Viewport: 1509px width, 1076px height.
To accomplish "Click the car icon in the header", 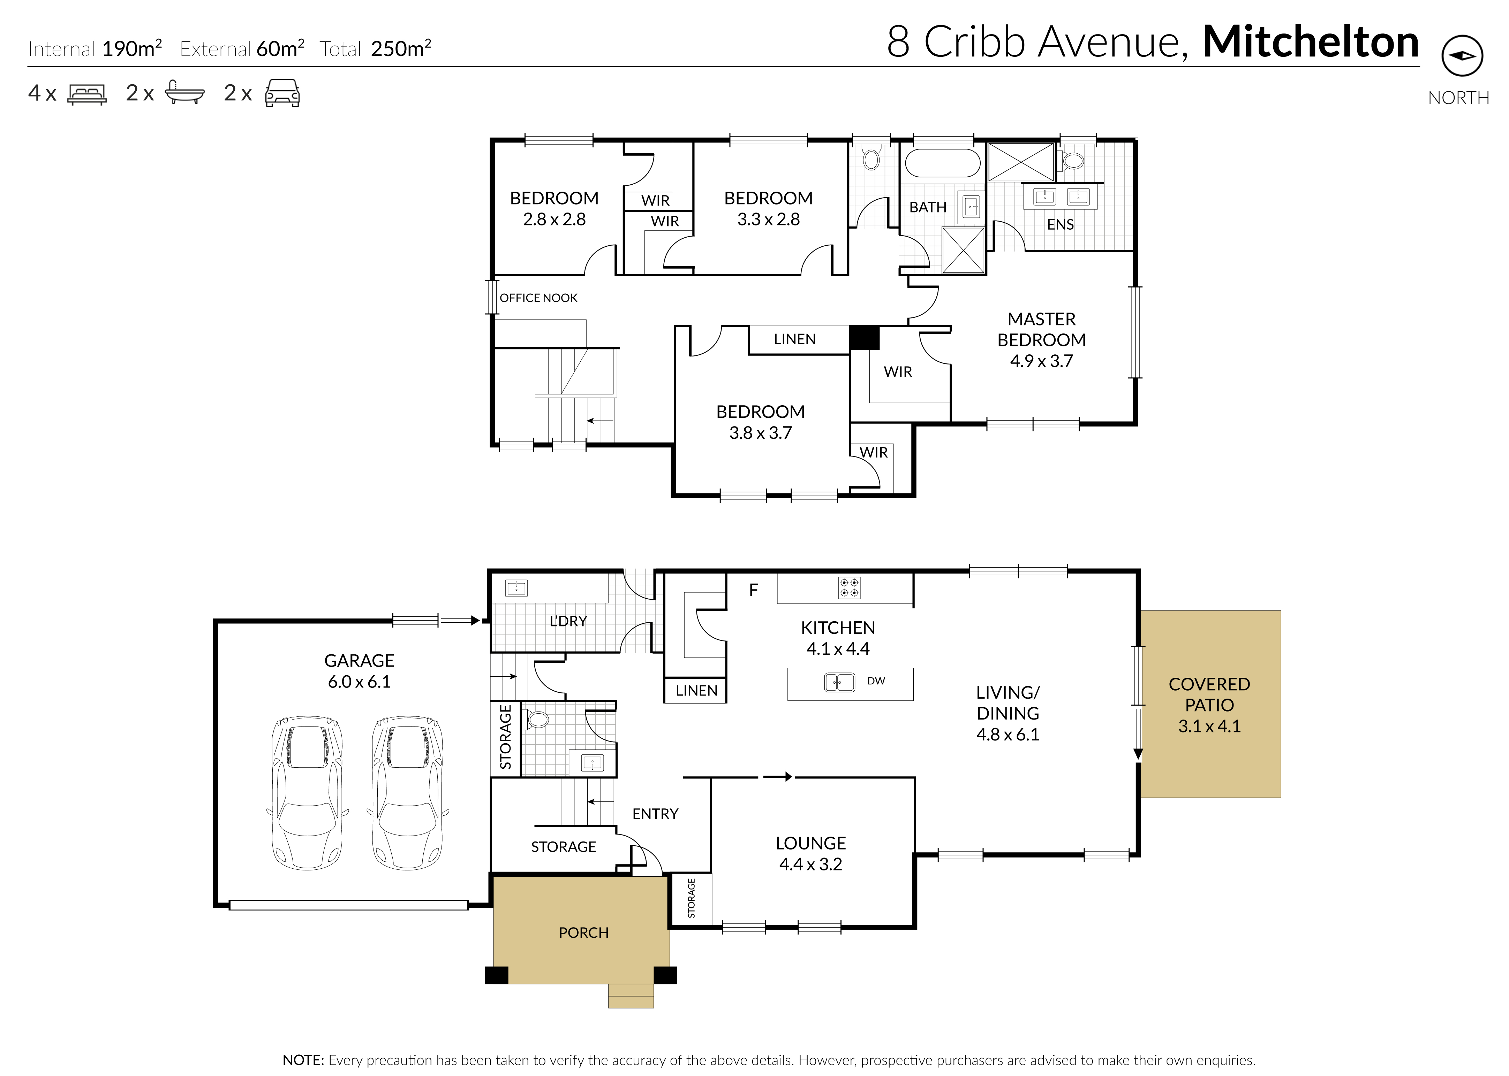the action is click(282, 93).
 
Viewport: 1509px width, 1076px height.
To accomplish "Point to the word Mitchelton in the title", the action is click(1311, 41).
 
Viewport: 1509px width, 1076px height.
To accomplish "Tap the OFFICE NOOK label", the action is click(538, 298).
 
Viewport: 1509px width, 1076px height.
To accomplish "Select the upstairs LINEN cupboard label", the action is click(794, 339).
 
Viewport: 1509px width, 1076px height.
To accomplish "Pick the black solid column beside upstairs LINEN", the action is click(865, 338).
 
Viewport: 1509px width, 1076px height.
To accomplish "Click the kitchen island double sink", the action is click(839, 683).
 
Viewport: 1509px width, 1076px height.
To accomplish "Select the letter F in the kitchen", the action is click(753, 590).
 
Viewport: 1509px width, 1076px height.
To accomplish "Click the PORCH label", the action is click(583, 933).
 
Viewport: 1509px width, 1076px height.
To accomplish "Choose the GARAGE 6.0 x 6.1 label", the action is click(359, 671).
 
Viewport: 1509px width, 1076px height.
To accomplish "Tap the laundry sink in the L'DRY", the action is click(516, 588).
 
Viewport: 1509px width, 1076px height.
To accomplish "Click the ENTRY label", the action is click(655, 814).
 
